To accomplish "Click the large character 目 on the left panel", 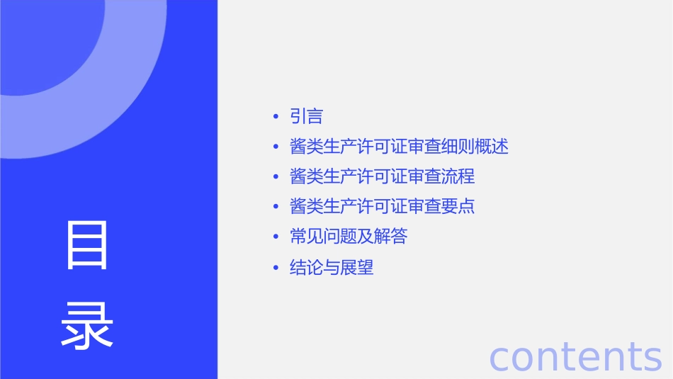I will point(87,245).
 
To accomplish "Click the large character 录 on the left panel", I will point(87,327).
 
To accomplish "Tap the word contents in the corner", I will point(575,356).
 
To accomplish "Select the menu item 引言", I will point(306,116).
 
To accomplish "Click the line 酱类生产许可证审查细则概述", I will point(399,147).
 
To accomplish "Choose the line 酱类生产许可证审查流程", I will point(382,176).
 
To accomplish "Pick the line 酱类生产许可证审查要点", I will point(382,206).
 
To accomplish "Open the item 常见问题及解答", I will point(349,237).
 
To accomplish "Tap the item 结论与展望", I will point(332,268).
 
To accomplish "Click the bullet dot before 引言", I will point(275,117).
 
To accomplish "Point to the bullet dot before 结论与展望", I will point(275,268).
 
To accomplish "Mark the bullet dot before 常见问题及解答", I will point(275,237).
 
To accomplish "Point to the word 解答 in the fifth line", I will point(391,237).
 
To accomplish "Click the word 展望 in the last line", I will point(357,268).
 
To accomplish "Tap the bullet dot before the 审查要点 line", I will point(275,207).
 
